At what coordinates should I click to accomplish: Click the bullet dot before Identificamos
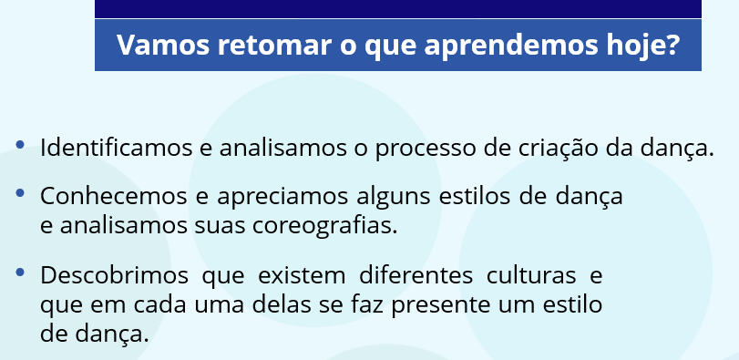(20, 144)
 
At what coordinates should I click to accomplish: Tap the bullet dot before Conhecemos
(20, 192)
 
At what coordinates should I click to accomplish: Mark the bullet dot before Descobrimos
(20, 272)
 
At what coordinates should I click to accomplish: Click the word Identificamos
(117, 148)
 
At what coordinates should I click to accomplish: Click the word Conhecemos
(113, 197)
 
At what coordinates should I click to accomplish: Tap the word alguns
(393, 198)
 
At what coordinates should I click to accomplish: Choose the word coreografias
(325, 227)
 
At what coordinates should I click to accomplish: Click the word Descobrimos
(114, 275)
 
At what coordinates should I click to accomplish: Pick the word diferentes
(416, 275)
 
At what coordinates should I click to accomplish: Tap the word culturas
(530, 275)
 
